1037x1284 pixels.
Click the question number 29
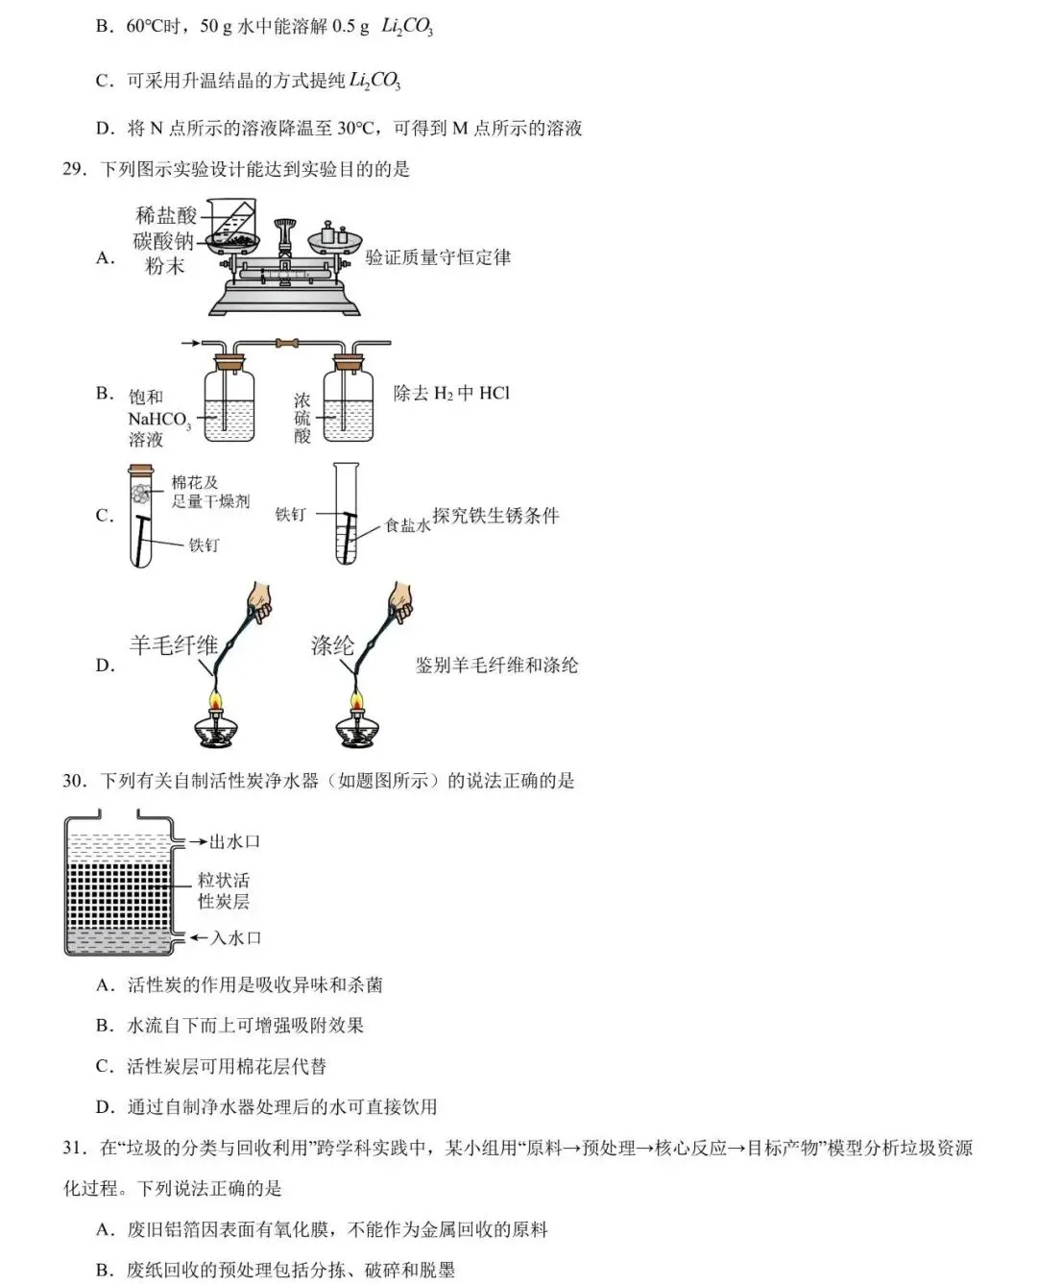[x=75, y=170]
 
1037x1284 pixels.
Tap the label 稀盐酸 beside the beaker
[x=165, y=216]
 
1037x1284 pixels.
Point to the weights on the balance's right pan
[x=332, y=233]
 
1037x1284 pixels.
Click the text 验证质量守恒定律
[x=438, y=257]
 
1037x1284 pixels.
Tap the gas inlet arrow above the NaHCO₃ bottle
[x=190, y=343]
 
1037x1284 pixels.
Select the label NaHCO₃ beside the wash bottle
[x=158, y=420]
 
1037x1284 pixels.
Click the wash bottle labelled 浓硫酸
[x=348, y=401]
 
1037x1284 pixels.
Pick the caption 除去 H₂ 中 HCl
[x=451, y=393]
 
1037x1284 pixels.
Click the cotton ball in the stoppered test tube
[x=141, y=494]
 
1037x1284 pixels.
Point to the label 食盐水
[x=407, y=525]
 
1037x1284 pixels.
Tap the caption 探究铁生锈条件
[x=495, y=516]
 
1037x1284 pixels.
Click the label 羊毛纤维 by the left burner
[x=173, y=645]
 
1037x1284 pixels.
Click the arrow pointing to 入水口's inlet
[x=198, y=937]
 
